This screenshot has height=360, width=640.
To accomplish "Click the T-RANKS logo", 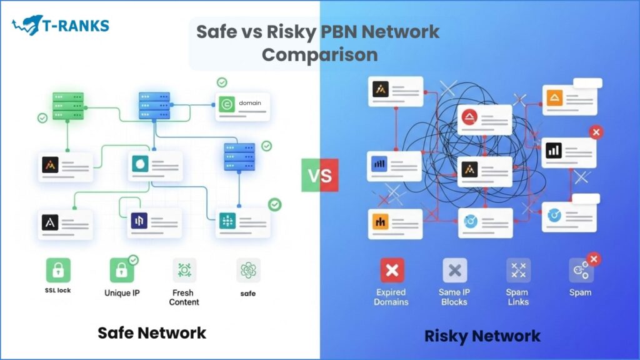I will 60,26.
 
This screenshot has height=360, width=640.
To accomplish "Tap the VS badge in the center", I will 319,174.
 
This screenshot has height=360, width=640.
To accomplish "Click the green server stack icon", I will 67,108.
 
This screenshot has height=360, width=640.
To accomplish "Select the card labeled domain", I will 244,106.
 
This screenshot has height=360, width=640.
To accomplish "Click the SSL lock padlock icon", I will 57,270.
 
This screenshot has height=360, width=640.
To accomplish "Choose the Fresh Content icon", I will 184,270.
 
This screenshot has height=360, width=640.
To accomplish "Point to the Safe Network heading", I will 151,332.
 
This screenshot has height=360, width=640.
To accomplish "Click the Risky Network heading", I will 482,336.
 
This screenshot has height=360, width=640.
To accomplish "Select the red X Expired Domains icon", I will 392,270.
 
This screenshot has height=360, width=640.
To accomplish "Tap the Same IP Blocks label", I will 454,297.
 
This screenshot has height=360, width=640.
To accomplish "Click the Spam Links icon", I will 518,270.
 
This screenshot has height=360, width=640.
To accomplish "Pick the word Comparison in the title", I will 319,54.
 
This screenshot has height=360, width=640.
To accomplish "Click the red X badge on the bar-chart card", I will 596,132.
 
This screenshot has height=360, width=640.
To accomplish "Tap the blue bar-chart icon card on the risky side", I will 380,164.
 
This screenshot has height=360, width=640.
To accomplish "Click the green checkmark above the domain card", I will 221,82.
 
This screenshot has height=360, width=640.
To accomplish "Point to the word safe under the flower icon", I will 248,292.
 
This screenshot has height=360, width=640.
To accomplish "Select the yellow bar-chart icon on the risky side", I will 380,221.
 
